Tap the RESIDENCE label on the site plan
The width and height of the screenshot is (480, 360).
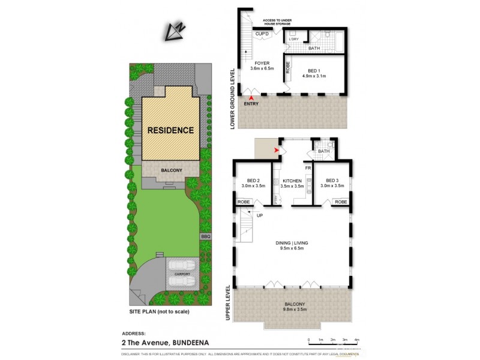coord(171,130)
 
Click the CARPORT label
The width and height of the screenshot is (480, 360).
coord(182,274)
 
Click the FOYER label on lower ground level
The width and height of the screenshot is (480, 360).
coord(262,62)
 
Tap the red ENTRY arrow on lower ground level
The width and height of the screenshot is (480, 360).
coord(252,97)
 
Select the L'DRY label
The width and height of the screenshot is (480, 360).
coord(294,40)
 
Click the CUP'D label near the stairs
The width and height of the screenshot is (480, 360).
coord(262,34)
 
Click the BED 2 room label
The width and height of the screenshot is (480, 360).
coord(253,181)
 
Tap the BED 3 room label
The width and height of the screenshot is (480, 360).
coord(332,181)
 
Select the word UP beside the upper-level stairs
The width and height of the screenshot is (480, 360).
coord(259,215)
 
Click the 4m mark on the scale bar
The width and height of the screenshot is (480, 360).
coord(357,340)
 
